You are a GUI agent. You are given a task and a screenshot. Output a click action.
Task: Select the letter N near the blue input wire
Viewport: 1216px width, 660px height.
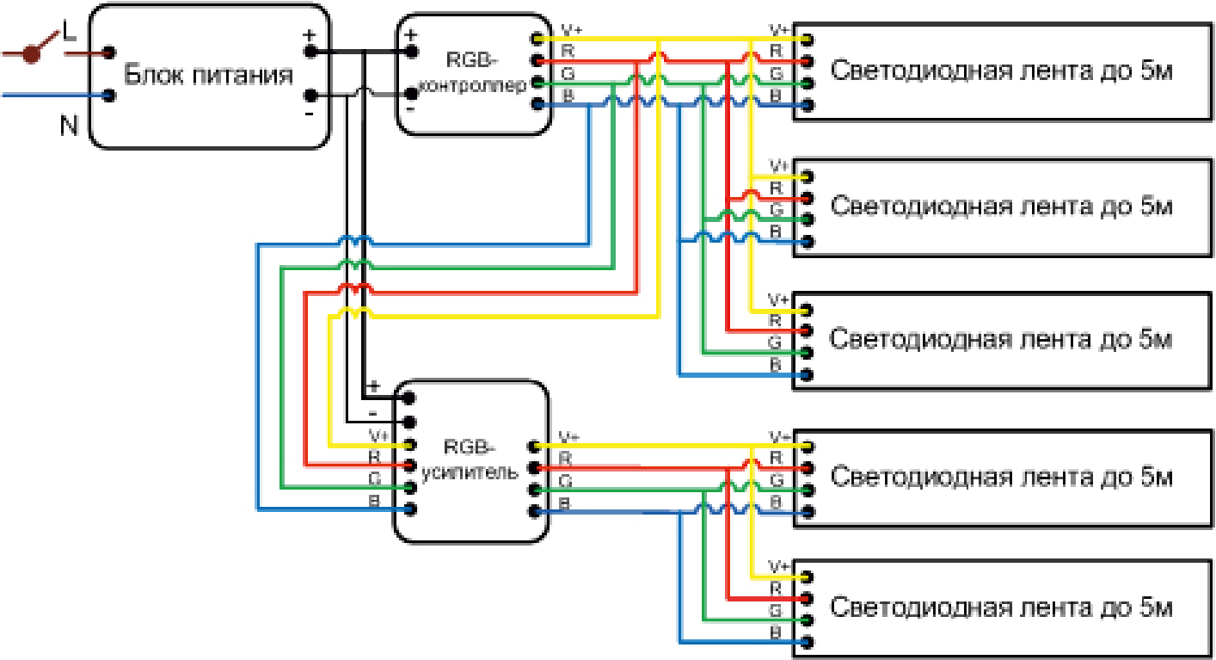pos(70,126)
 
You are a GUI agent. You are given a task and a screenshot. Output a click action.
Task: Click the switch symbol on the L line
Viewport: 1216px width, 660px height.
pos(34,53)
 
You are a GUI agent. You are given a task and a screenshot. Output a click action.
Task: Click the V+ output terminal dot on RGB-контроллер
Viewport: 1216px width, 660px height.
pos(538,39)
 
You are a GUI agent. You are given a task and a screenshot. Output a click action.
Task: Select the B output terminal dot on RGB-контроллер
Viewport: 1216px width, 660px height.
pos(538,105)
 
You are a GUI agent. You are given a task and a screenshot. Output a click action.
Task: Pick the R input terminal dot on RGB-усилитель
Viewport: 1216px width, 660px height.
pos(410,466)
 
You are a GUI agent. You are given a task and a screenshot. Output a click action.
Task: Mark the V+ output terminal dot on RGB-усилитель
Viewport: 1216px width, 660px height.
pos(535,447)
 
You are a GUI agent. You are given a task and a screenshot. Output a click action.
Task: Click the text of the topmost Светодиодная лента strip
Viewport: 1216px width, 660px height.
pos(1002,71)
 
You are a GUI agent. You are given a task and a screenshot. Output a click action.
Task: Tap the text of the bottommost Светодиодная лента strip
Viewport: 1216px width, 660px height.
pos(1001,608)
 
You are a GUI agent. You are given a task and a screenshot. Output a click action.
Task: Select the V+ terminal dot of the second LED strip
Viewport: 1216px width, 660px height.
pos(808,176)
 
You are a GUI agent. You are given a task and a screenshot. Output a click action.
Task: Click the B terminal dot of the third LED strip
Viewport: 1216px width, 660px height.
pos(808,375)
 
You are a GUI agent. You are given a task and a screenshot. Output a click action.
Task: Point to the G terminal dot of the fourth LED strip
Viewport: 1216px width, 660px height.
pos(808,490)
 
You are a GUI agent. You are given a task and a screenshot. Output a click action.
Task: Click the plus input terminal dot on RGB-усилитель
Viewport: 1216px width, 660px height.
pos(410,398)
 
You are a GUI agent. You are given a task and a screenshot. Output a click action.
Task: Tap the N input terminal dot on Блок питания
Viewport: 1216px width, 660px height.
pos(109,96)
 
